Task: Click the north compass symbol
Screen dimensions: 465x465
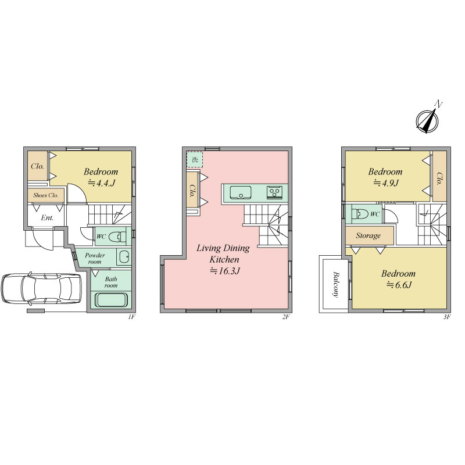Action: (427, 121)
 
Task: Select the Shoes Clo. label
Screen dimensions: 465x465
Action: (46, 195)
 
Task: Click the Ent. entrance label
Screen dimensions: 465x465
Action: (47, 218)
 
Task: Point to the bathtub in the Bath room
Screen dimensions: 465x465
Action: (111, 299)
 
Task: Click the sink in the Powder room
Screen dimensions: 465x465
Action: (124, 257)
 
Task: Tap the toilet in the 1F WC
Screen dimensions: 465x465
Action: (117, 237)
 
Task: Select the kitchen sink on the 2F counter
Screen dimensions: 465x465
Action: (241, 193)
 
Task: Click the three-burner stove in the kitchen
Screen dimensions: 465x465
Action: (274, 192)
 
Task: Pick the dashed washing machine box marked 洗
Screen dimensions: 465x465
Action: (195, 159)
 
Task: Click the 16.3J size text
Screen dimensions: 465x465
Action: (225, 271)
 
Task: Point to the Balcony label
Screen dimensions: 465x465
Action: (336, 284)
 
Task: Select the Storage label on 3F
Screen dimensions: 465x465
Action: (369, 236)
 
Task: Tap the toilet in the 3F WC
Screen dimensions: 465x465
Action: (359, 214)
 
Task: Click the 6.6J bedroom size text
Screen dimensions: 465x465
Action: (399, 285)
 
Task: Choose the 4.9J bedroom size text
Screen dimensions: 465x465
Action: (386, 183)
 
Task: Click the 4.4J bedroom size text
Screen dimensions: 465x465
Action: (101, 183)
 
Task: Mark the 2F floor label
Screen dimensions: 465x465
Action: (285, 317)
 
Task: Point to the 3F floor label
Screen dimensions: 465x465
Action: (447, 317)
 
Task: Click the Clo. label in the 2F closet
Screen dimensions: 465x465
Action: (192, 191)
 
